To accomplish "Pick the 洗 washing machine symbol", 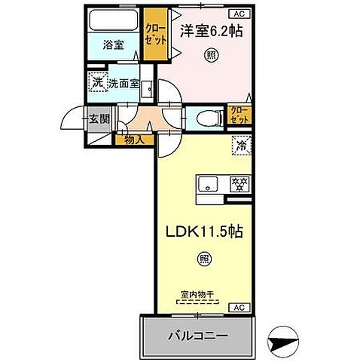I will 97,84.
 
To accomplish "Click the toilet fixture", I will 209,116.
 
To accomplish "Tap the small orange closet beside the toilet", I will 240,115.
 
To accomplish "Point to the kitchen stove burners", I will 239,183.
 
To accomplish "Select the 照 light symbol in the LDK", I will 204,259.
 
